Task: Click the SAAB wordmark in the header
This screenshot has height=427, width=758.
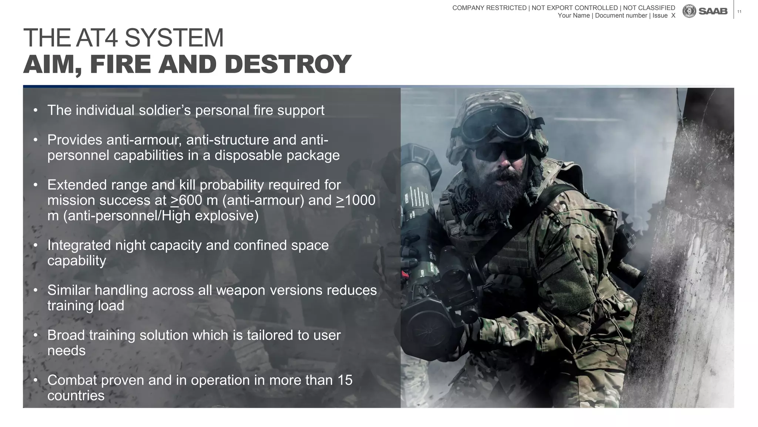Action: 713,11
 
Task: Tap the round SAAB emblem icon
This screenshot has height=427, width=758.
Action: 689,11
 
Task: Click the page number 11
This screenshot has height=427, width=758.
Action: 739,12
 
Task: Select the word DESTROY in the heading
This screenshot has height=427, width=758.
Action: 288,64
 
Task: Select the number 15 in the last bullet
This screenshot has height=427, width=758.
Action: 345,380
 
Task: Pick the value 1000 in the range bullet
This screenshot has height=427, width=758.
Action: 360,201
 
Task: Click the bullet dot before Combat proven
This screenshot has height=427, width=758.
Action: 36,380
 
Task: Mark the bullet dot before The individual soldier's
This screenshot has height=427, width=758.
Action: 36,110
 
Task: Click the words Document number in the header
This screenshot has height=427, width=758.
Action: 621,16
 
